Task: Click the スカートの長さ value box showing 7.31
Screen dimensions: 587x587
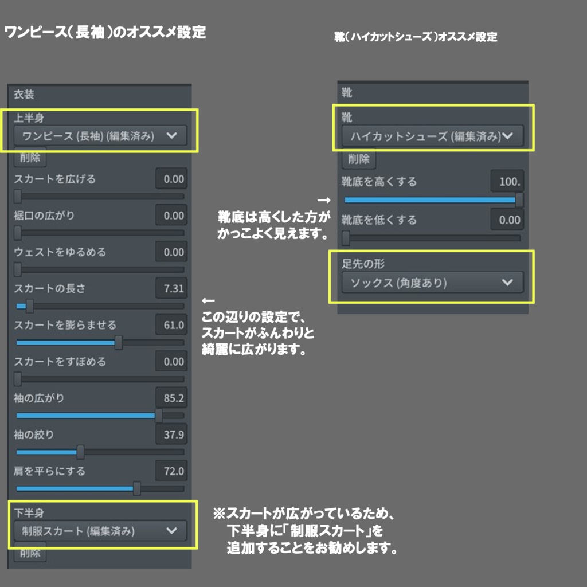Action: [171, 288]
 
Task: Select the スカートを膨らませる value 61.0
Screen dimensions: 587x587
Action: [171, 325]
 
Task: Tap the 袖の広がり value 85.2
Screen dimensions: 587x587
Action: [171, 398]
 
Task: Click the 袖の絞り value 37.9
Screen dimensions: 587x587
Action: [171, 435]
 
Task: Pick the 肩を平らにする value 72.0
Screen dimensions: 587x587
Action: [171, 471]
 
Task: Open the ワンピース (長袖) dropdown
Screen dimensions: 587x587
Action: [100, 136]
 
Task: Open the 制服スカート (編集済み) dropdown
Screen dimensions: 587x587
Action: [100, 531]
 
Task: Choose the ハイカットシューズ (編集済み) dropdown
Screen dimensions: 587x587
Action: [433, 136]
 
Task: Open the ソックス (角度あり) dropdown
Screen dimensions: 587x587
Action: [433, 283]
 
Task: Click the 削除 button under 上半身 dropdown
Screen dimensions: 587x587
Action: [30, 157]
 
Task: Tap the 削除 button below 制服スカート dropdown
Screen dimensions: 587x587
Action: [30, 553]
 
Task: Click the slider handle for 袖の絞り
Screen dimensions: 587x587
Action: [81, 452]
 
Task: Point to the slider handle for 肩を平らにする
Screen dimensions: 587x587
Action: [137, 488]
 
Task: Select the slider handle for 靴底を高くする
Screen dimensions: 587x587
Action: [519, 199]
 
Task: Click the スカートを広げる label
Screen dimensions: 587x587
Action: [55, 179]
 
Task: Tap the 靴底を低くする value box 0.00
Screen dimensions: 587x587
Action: [507, 220]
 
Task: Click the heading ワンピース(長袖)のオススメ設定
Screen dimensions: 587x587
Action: [105, 32]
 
